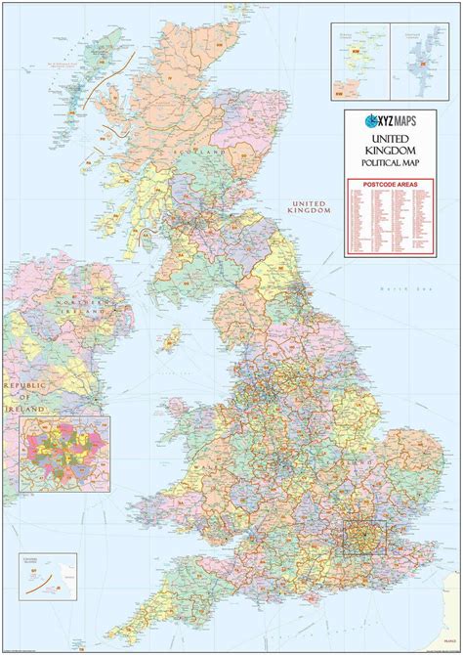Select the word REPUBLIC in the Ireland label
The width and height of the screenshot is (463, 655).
[x=24, y=387]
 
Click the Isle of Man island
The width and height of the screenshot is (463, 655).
[x=173, y=338]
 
